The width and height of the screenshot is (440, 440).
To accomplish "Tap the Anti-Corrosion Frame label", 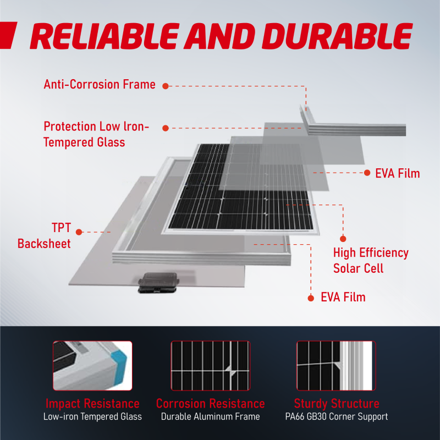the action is pyautogui.click(x=99, y=85).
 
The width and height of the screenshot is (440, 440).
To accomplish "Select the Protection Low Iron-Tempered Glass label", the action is pyautogui.click(x=96, y=134).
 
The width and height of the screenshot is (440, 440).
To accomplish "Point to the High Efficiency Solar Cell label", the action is pyautogui.click(x=370, y=261).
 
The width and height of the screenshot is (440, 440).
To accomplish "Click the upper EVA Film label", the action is pyautogui.click(x=397, y=174).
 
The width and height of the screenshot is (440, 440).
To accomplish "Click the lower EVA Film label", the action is pyautogui.click(x=343, y=298).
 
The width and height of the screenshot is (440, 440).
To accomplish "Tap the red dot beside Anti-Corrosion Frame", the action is pyautogui.click(x=165, y=86).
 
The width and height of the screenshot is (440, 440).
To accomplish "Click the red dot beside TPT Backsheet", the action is pyautogui.click(x=80, y=232).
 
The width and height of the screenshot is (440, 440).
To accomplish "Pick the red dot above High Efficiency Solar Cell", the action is pyautogui.click(x=343, y=239).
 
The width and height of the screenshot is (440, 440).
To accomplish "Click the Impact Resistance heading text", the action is pyautogui.click(x=92, y=404).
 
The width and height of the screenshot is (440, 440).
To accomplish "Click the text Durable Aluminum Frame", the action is pyautogui.click(x=210, y=416).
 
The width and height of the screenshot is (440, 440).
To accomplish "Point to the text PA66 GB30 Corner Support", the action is pyautogui.click(x=336, y=416).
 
